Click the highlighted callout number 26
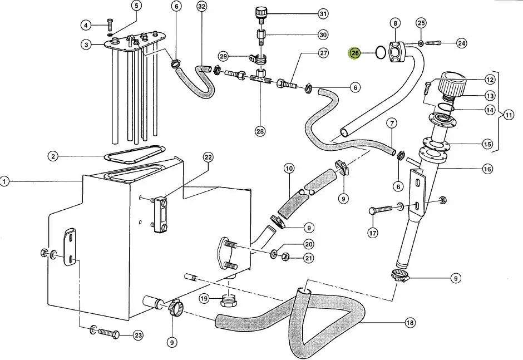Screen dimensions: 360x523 click(354, 53)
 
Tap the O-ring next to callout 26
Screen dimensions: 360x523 click(380, 53)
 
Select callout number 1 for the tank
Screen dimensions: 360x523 click(5, 181)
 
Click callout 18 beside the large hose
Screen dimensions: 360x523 click(410, 322)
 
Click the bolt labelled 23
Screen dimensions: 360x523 click(108, 333)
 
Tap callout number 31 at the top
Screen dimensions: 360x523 click(323, 13)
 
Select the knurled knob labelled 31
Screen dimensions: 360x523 click(261, 12)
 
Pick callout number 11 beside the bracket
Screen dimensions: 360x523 click(509, 115)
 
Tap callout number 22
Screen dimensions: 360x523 click(208, 158)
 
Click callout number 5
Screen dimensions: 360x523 click(136, 6)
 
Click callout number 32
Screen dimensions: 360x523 click(201, 7)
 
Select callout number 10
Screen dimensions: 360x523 click(289, 168)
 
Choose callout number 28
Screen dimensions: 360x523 click(260, 131)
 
